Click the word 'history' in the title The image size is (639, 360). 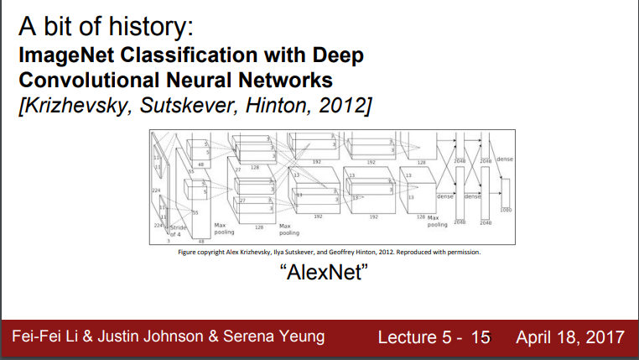150,29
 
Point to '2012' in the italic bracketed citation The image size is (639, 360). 340,106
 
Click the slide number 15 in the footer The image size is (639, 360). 481,338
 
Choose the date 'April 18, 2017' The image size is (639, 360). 570,338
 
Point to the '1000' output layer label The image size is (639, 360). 506,211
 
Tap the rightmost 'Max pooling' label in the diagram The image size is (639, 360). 438,221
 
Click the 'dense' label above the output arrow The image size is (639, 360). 505,159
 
